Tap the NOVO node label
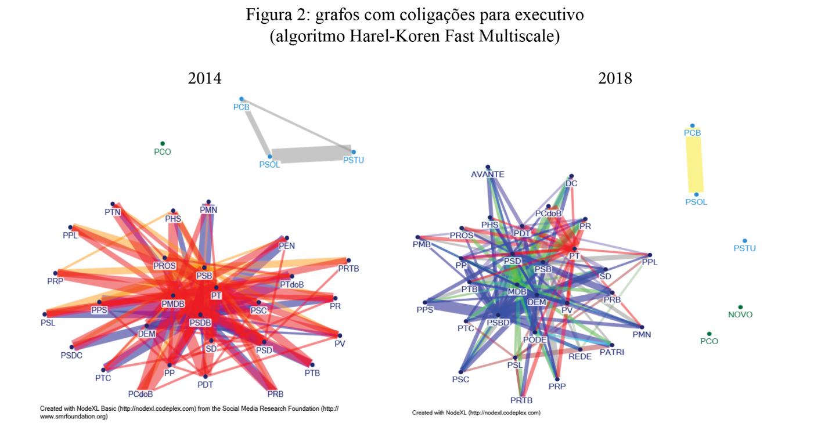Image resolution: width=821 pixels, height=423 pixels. click(740, 314)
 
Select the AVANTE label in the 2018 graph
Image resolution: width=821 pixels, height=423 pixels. click(488, 174)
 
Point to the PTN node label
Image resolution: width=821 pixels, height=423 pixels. click(112, 212)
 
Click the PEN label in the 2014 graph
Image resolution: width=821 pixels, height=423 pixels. click(287, 245)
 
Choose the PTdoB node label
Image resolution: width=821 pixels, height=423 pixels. click(291, 285)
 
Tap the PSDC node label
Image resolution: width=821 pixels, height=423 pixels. click(71, 355)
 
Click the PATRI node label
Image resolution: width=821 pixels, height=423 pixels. click(612, 352)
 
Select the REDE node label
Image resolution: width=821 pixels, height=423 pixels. click(580, 356)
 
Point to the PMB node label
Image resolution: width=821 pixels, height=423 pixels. click(422, 245)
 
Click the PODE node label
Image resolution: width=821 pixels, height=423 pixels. click(535, 339)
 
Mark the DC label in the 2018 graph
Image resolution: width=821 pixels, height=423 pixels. click(571, 183)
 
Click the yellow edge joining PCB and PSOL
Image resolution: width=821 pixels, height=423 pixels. click(694, 162)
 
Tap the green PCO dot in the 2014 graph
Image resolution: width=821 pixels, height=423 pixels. click(163, 143)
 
